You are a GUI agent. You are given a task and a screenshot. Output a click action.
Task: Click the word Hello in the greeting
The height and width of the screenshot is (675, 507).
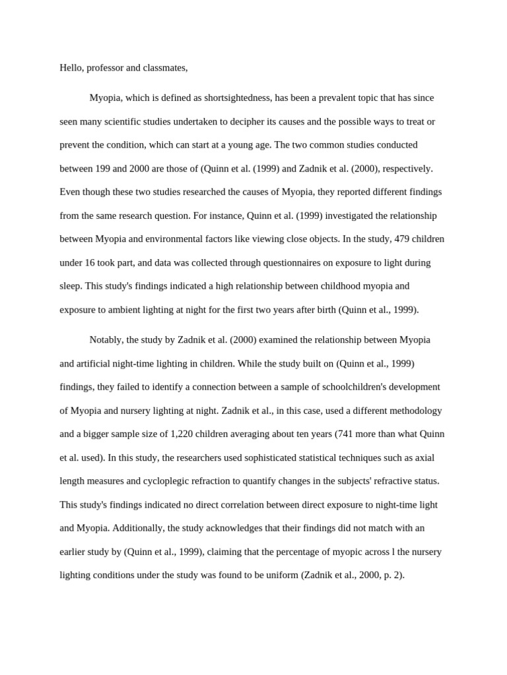[71, 68]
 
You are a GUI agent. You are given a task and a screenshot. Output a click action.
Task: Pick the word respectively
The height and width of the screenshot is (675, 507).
[405, 169]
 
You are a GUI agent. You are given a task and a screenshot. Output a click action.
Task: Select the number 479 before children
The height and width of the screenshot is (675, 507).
[403, 239]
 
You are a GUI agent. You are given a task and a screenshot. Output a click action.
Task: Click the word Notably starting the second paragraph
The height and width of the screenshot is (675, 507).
[106, 340]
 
